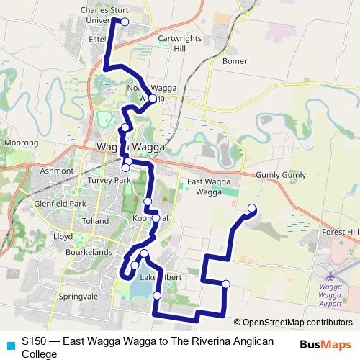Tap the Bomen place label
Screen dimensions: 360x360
pos(235,61)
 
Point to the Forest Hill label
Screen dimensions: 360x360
pos(341,231)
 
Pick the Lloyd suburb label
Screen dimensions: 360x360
pos(63,235)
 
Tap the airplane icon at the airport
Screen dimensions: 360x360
pos(330,276)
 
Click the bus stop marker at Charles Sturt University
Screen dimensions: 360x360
pos(124,22)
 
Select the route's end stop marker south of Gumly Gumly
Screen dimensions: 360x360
pos(252,209)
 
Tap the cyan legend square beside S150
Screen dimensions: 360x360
pos(9,344)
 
